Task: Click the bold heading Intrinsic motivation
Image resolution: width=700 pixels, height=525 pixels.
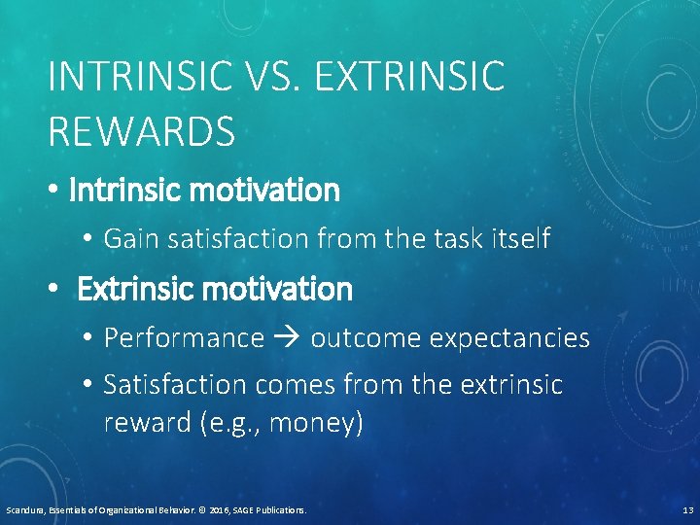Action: pos(204,191)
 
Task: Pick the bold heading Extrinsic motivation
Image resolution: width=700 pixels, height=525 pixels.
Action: pos(214,289)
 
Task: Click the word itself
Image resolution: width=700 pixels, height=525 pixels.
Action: pos(514,238)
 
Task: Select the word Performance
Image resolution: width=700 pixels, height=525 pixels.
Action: pos(184,338)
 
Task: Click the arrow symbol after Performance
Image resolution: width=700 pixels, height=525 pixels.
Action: pos(288,338)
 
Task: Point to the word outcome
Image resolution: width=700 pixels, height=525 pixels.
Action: pos(366,338)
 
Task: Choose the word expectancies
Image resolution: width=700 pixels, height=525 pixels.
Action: pos(509,338)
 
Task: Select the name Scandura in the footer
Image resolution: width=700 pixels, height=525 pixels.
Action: pos(24,510)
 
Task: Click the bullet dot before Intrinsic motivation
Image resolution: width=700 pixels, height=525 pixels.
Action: pos(55,192)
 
